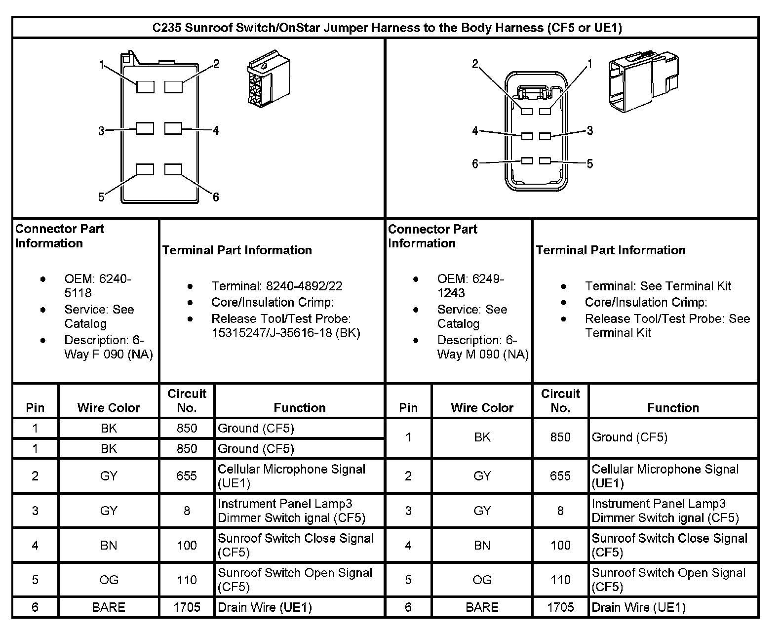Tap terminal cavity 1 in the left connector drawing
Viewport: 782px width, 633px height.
(145, 87)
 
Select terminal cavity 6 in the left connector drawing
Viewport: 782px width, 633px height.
(173, 169)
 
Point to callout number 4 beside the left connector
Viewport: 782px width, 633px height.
(216, 130)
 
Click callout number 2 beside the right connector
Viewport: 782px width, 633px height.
(475, 64)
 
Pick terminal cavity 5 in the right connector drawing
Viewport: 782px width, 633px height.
(545, 161)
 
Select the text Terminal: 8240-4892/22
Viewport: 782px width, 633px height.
(276, 286)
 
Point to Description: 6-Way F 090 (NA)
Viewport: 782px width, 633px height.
(108, 347)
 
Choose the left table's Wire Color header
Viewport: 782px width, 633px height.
(109, 408)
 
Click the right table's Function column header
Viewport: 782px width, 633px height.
(673, 408)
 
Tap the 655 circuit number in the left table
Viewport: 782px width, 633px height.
(187, 476)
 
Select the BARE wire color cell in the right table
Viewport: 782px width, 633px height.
(482, 607)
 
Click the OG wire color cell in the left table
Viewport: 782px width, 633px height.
(109, 580)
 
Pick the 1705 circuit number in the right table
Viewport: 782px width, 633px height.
(560, 607)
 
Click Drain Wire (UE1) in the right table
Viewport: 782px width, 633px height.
(638, 607)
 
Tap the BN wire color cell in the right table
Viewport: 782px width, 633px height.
(482, 545)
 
